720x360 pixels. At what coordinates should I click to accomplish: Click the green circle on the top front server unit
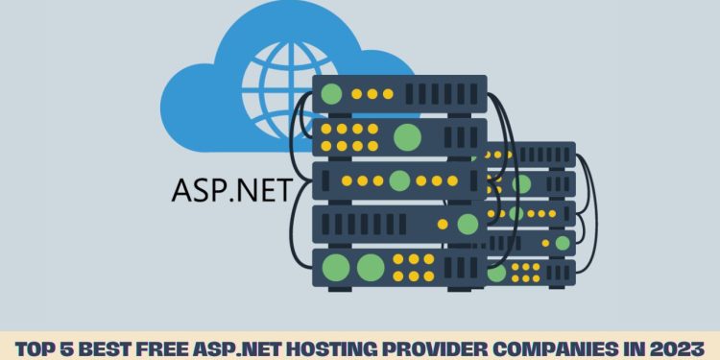coord(333,94)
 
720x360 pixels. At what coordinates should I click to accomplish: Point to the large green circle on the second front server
coord(408,135)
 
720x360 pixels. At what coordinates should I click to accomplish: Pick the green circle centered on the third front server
coord(399,180)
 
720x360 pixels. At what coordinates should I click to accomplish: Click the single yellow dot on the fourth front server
coord(443,224)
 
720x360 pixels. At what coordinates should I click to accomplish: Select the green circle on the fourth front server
coord(468,224)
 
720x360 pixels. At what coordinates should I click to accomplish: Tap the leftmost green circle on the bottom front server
coord(336,266)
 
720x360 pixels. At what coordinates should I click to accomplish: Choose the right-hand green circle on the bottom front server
coord(371,266)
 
